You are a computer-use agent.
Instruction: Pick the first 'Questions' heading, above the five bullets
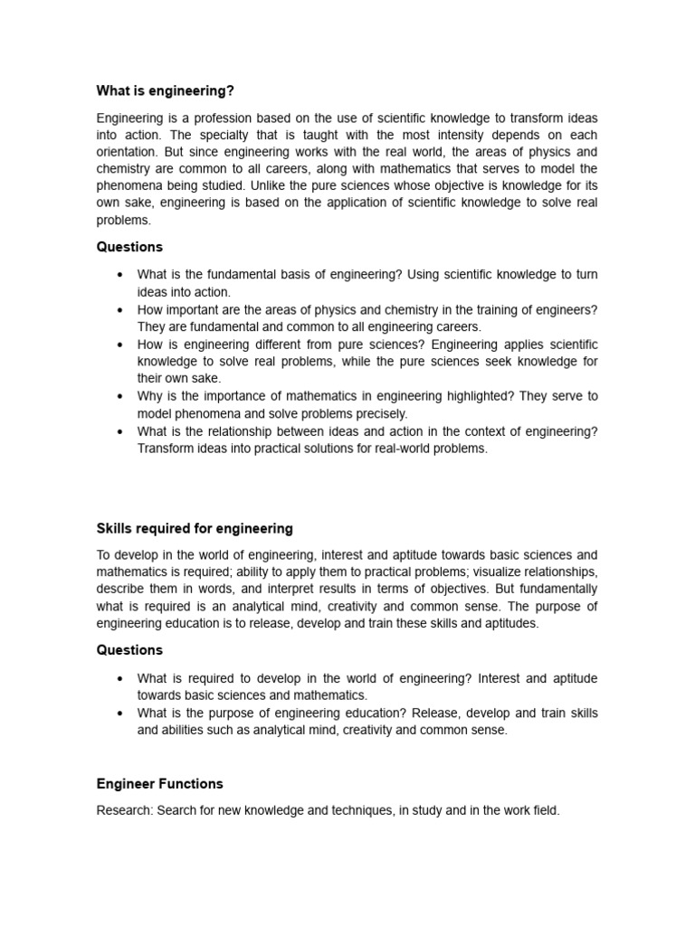(x=129, y=247)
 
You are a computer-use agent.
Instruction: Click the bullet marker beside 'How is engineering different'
(x=119, y=345)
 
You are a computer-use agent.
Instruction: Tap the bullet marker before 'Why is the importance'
(x=119, y=396)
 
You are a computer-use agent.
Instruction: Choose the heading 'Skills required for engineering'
(x=195, y=528)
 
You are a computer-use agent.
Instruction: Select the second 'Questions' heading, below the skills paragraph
(x=129, y=649)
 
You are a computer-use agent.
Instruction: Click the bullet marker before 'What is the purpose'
(x=119, y=713)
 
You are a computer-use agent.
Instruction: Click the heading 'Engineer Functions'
(x=159, y=783)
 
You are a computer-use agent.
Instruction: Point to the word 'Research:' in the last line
(x=124, y=811)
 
